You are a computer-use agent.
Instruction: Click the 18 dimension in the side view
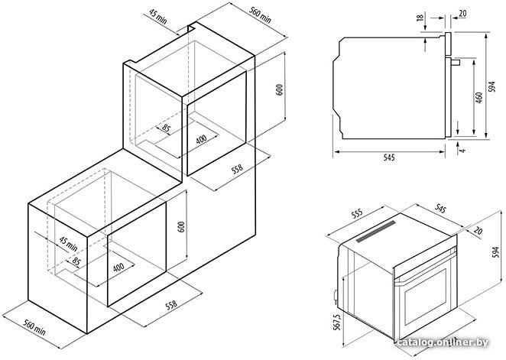[x=420, y=17]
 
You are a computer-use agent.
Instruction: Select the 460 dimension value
[x=479, y=98]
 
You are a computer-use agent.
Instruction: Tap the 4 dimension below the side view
[x=463, y=150]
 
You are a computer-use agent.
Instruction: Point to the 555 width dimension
[x=357, y=214]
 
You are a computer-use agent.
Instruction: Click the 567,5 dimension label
[x=337, y=323]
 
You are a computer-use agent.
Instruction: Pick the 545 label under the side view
[x=389, y=157]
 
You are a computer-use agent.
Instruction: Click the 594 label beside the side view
[x=491, y=87]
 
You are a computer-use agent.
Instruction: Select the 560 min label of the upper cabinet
[x=260, y=15]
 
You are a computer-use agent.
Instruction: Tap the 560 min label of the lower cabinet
[x=34, y=327]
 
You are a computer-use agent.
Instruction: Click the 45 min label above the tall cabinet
[x=158, y=17]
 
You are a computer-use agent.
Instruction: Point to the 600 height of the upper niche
[x=280, y=89]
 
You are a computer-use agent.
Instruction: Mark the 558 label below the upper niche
[x=237, y=170]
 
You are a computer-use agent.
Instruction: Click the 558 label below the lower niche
[x=171, y=305]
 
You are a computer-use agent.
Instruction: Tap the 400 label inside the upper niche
[x=201, y=139]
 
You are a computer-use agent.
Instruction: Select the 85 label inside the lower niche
[x=76, y=261]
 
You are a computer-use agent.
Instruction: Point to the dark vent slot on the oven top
[x=376, y=232]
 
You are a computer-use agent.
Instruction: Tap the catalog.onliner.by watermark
[x=443, y=342]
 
